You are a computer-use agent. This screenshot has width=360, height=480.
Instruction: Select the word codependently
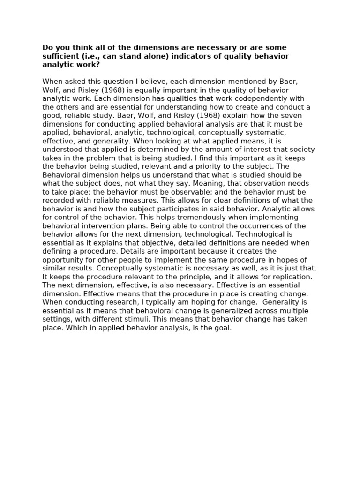pos(239,98)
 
